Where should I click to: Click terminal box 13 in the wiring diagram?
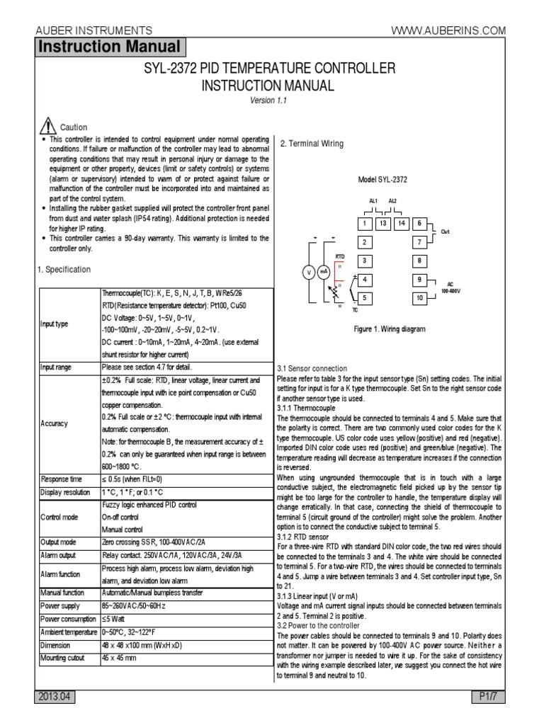pyautogui.click(x=382, y=224)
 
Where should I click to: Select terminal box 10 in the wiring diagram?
pyautogui.click(x=419, y=298)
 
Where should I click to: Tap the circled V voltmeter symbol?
pyautogui.click(x=308, y=272)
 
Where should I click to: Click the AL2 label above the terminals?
pyautogui.click(x=393, y=201)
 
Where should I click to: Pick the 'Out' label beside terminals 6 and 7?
pyautogui.click(x=445, y=232)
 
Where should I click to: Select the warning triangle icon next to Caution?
pyautogui.click(x=47, y=126)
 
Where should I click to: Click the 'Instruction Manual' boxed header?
pyautogui.click(x=109, y=47)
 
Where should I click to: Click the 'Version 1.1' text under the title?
pyautogui.click(x=272, y=100)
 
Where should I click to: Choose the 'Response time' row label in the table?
pyautogui.click(x=62, y=479)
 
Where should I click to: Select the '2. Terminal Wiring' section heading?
pyautogui.click(x=311, y=144)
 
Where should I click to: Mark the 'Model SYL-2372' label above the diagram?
pyautogui.click(x=382, y=180)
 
